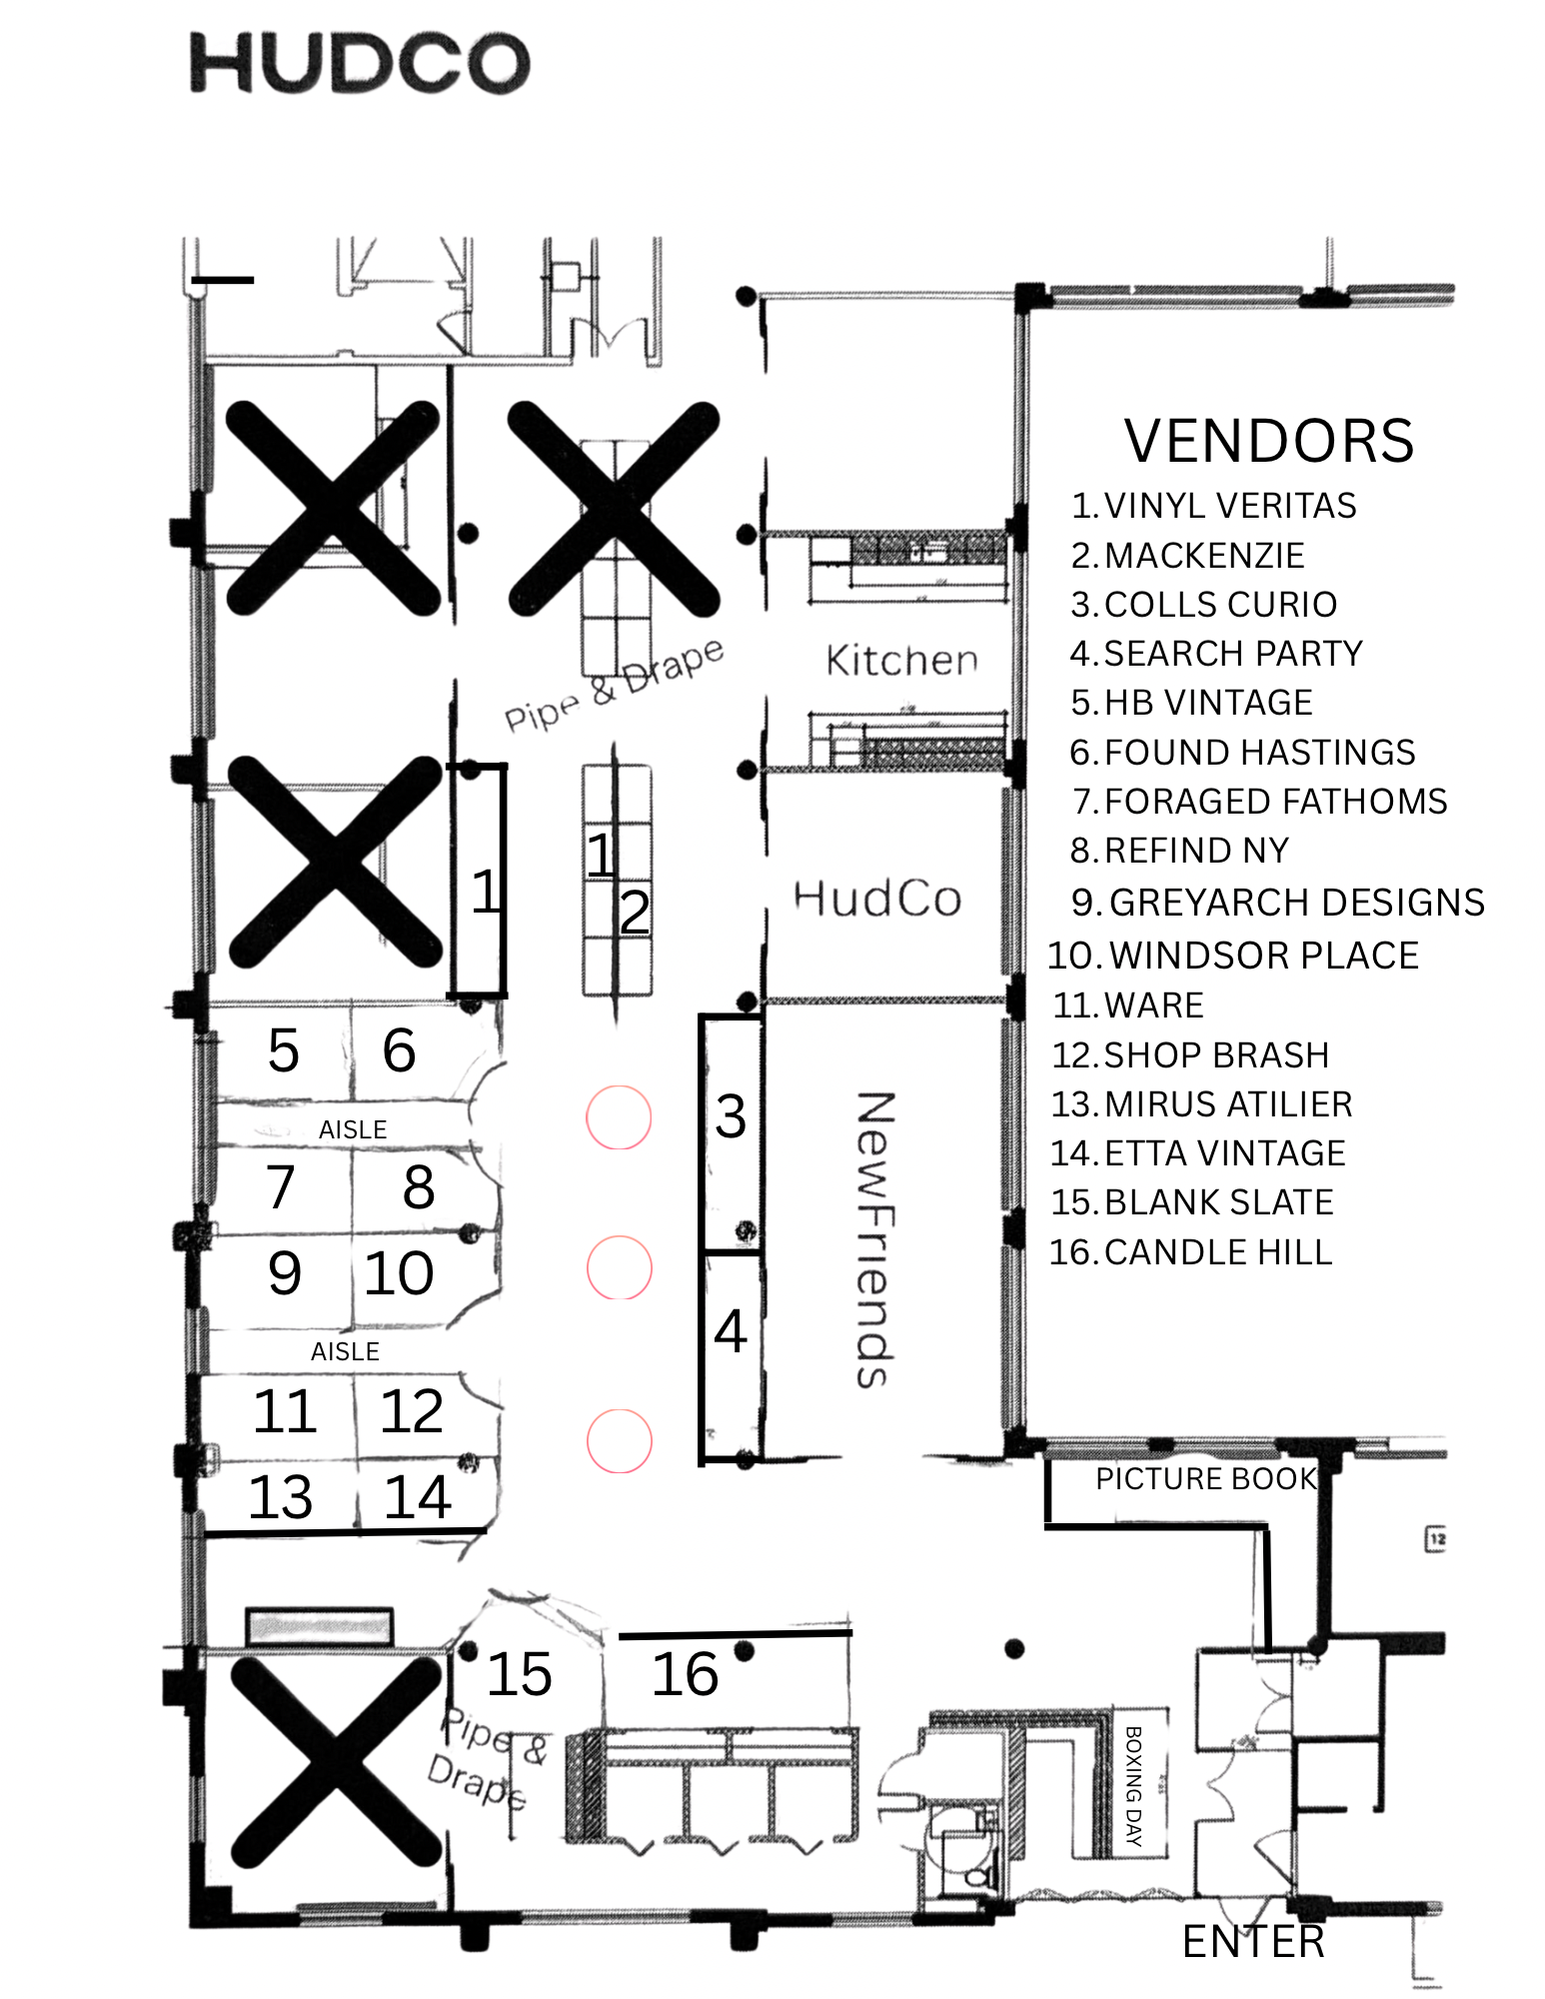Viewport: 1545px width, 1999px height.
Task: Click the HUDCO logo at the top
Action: [360, 63]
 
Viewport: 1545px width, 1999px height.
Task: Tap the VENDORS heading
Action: [1268, 441]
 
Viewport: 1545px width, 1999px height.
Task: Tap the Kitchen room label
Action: [901, 661]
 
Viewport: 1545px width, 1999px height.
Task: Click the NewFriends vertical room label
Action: [873, 1239]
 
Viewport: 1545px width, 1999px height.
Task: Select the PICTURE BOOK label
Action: [1206, 1478]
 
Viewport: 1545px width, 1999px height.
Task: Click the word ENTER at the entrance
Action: [1253, 1942]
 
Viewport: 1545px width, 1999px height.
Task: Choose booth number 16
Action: [686, 1675]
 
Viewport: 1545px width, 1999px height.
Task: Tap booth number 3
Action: [731, 1116]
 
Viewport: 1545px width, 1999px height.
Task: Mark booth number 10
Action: [399, 1273]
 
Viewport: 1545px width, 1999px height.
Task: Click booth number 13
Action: [281, 1497]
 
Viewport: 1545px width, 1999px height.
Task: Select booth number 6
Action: [399, 1050]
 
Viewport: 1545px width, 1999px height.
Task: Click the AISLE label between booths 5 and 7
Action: [353, 1129]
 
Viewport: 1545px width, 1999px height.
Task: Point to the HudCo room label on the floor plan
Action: [877, 899]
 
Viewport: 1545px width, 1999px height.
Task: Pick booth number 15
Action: [520, 1675]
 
